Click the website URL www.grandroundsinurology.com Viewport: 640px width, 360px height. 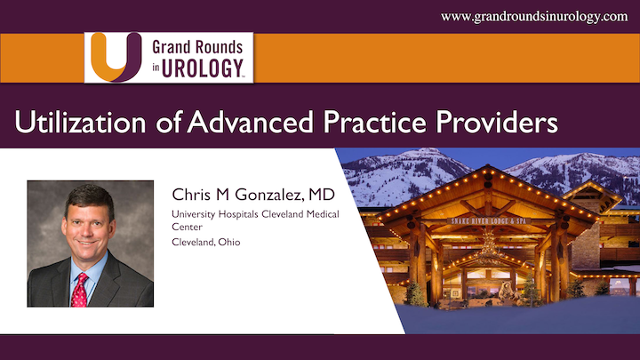[534, 16]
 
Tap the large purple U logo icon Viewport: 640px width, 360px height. [114, 57]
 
